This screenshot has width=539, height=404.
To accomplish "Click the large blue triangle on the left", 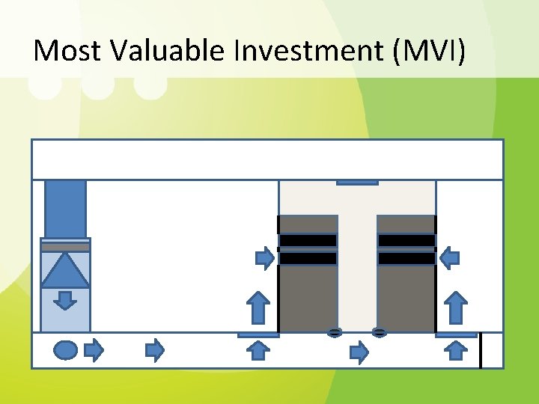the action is (x=65, y=270).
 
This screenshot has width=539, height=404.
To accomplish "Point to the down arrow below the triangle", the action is (x=65, y=300).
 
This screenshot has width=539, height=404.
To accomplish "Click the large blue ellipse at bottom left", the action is (x=66, y=349).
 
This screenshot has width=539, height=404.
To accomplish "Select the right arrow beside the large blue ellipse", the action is (x=94, y=349).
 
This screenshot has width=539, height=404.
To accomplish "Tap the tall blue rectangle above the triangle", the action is (x=65, y=209).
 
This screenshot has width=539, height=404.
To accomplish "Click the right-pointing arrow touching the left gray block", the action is (x=265, y=260).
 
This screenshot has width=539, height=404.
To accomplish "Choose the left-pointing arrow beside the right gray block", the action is (x=449, y=260).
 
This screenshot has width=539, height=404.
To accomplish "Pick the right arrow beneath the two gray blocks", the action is (x=360, y=352).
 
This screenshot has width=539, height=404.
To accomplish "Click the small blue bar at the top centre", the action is (x=357, y=181).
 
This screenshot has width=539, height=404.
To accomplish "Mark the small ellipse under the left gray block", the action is (x=335, y=331).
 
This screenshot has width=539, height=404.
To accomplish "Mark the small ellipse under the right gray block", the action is (x=380, y=331).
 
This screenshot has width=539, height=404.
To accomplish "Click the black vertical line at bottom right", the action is (x=481, y=351).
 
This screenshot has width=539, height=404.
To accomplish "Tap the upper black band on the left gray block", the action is (x=308, y=240).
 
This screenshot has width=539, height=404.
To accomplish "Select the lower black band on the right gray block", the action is (x=406, y=258).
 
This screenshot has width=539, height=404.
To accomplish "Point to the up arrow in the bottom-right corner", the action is (x=455, y=349).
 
